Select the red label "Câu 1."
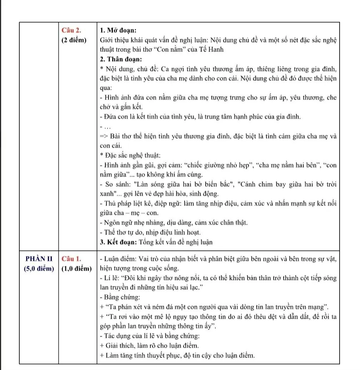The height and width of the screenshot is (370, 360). coord(71,258)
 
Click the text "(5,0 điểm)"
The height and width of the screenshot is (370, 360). coord(39,268)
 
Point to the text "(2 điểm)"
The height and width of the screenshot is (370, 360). coord(74,39)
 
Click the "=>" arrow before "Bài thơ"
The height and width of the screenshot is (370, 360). coord(104,136)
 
